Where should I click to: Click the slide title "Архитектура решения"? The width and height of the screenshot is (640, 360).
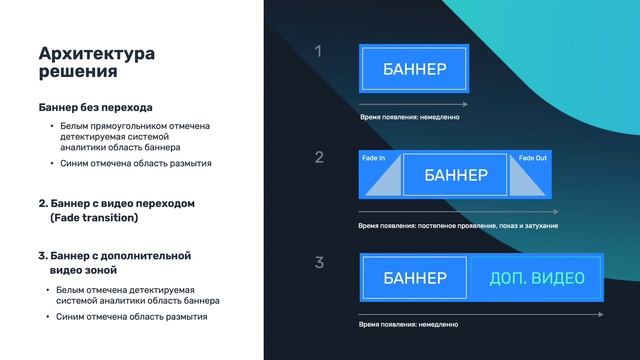(x=96, y=62)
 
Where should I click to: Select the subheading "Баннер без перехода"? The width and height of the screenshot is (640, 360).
(x=95, y=107)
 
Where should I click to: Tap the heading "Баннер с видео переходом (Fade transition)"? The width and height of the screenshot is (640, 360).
(x=115, y=210)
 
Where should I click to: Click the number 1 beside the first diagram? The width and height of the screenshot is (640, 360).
(x=318, y=51)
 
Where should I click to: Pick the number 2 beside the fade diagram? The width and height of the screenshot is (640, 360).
(x=318, y=157)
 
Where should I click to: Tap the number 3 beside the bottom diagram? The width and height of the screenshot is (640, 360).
(x=319, y=263)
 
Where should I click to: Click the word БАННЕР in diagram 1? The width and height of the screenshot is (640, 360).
(x=414, y=69)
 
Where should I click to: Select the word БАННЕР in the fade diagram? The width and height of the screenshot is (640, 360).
(x=455, y=176)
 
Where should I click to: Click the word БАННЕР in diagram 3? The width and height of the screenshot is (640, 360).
(x=414, y=277)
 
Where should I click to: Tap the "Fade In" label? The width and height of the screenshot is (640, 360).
(x=372, y=158)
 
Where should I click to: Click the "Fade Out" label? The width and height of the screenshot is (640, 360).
(x=533, y=158)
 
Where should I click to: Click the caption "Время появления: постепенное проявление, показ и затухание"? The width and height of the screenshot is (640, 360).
(x=458, y=226)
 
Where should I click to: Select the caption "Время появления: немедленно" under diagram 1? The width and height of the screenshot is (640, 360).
(x=409, y=117)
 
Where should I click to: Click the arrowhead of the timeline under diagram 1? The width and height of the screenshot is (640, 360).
(x=466, y=104)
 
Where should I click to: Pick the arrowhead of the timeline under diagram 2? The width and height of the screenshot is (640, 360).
(x=556, y=212)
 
